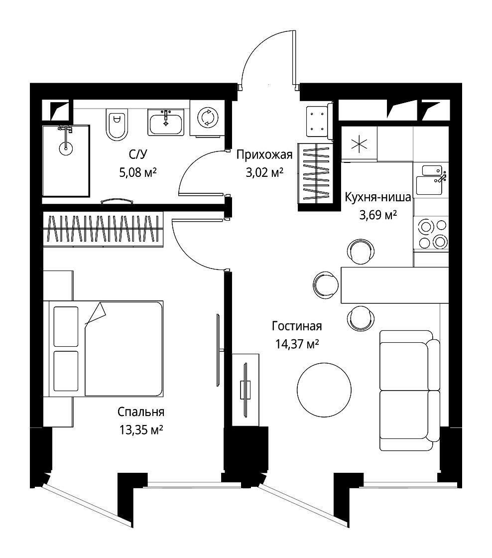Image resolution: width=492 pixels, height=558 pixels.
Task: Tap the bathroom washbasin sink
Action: [166, 123]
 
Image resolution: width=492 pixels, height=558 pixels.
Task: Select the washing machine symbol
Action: [207, 118]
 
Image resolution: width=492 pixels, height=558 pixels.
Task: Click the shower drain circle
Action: [65, 147]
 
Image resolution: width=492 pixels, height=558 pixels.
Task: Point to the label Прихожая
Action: [264, 155]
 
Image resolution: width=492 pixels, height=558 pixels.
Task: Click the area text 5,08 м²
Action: [138, 173]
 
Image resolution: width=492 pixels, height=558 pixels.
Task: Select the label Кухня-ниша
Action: [378, 197]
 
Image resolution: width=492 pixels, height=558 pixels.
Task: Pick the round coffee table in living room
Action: [324, 390]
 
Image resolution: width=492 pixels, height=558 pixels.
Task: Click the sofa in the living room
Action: [409, 391]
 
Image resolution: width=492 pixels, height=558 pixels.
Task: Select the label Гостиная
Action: [297, 326]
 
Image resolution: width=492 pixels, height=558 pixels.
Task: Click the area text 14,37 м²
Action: [297, 344]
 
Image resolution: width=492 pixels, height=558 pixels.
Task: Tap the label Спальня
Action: [141, 412]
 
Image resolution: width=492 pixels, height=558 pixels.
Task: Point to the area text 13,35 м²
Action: [141, 430]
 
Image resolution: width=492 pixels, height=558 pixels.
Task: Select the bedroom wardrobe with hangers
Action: [103, 229]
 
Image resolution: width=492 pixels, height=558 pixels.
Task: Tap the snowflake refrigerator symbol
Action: [360, 144]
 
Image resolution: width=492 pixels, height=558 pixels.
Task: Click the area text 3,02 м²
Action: [264, 173]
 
